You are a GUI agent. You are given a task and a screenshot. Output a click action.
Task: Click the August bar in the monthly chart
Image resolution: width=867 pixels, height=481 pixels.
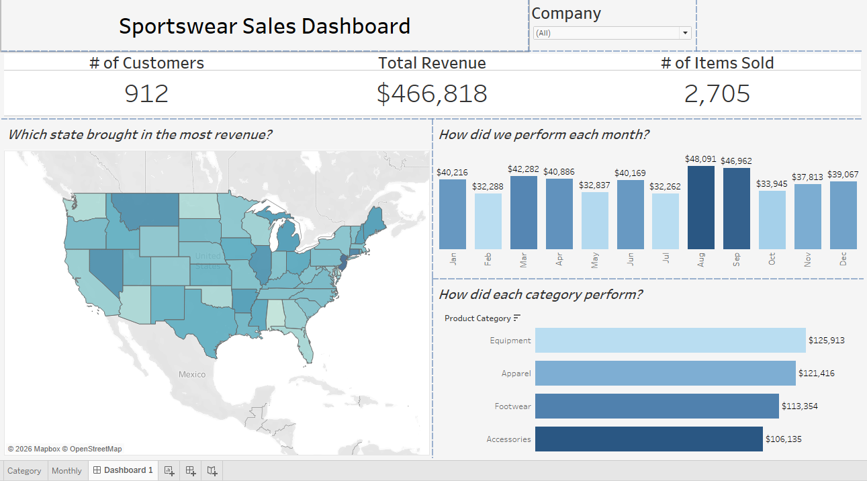click(700, 207)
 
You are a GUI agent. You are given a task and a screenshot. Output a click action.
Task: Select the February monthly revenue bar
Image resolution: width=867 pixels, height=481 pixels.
click(488, 221)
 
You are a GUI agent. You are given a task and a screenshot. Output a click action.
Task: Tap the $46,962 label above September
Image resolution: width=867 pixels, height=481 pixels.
click(736, 161)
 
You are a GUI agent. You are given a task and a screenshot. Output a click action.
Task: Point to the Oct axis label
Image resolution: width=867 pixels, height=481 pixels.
click(772, 259)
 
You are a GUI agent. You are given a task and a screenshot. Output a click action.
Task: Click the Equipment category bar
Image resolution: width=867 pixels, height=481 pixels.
click(670, 340)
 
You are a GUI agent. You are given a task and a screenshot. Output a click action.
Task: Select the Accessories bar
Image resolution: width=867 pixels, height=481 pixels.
click(648, 439)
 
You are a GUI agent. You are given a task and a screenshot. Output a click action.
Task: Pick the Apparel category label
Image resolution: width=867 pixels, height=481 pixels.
click(516, 373)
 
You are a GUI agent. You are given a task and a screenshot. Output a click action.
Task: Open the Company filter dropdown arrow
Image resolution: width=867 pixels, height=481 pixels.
click(685, 33)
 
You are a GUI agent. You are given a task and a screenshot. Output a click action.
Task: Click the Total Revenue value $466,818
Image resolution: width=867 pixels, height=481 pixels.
click(432, 93)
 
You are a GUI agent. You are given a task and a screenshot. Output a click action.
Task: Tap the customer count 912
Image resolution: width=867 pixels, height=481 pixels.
click(146, 93)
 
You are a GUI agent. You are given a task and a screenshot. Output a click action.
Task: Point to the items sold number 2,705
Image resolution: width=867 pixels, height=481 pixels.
click(717, 93)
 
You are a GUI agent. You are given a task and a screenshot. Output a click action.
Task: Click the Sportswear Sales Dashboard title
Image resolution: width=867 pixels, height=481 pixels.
click(265, 26)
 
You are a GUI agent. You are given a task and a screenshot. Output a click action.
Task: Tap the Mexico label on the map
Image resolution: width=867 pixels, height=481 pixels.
click(192, 374)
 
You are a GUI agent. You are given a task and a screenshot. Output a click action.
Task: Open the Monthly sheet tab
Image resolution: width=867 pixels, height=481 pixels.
click(66, 471)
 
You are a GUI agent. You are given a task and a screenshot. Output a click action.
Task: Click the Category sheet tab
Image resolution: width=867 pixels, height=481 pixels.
click(24, 471)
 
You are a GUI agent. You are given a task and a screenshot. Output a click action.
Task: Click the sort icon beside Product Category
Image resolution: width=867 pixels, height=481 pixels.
click(517, 318)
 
